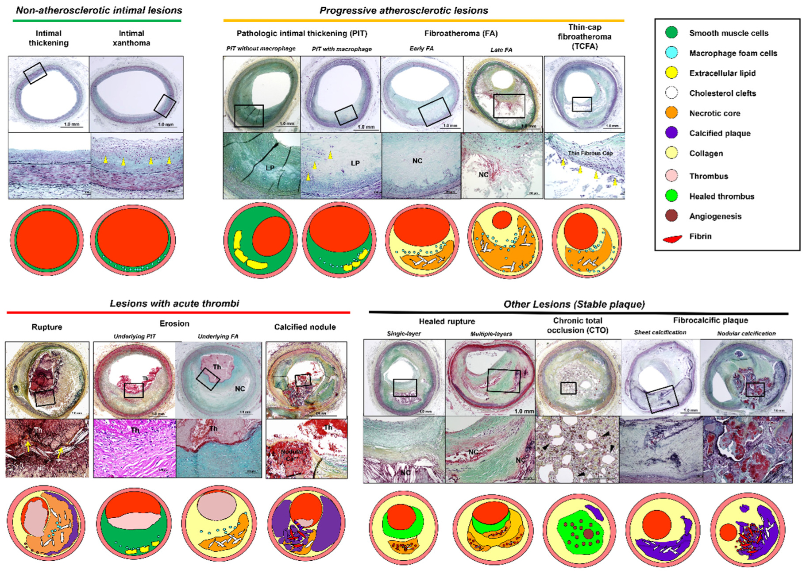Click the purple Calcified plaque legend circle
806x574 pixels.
(x=671, y=133)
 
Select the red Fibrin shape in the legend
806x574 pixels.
(x=672, y=239)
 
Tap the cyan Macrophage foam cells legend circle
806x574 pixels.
(x=671, y=53)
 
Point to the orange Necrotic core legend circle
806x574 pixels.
(x=671, y=113)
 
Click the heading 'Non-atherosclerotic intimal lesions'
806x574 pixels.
(x=99, y=10)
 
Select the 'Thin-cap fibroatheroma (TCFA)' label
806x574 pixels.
(x=584, y=37)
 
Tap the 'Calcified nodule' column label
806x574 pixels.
(x=305, y=327)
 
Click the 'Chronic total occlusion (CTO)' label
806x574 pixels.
(x=577, y=325)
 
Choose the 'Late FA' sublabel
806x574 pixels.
(x=501, y=50)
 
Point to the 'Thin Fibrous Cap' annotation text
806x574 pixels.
(x=590, y=153)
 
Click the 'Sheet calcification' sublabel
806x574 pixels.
(x=660, y=332)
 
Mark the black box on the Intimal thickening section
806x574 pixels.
(x=35, y=73)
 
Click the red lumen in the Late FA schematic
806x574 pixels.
(x=501, y=220)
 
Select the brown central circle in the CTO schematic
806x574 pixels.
(x=588, y=534)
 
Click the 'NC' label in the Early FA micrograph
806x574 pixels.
(x=417, y=161)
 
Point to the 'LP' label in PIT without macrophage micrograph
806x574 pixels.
(x=270, y=168)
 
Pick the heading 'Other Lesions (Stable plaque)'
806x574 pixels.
(x=574, y=304)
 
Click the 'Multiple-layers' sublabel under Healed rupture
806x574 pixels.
(x=491, y=334)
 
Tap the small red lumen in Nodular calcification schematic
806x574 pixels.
(x=728, y=532)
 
